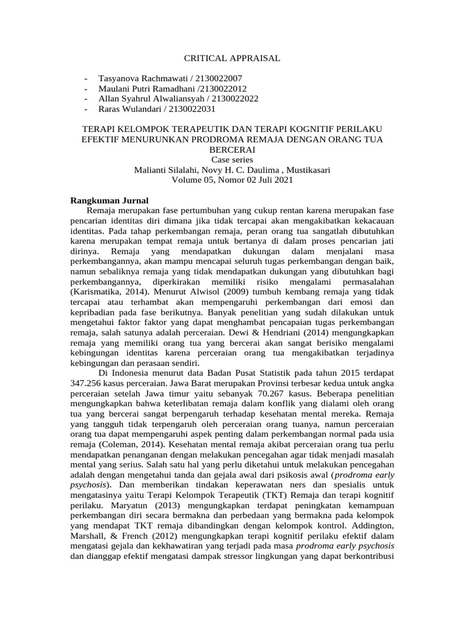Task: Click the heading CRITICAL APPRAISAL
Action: (x=232, y=58)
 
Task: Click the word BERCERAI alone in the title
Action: (x=232, y=150)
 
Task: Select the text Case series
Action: (x=232, y=160)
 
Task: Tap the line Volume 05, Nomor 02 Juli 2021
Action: (x=232, y=180)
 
